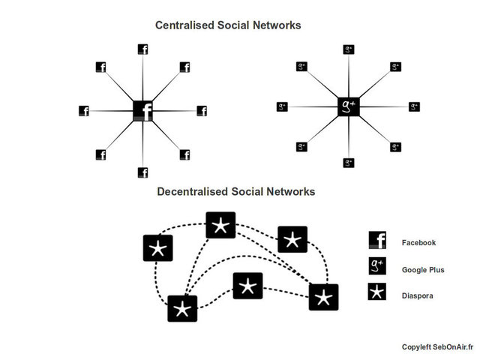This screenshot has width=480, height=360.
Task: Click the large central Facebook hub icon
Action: click(x=142, y=111)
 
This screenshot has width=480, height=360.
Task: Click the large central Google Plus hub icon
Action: click(x=349, y=107)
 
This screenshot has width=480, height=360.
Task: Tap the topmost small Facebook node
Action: click(x=142, y=49)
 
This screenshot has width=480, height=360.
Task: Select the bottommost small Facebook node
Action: click(x=142, y=172)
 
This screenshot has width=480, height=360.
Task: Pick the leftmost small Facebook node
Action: click(x=83, y=111)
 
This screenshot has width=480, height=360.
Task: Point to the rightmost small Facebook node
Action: click(x=202, y=111)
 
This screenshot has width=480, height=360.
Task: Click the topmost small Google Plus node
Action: click(x=349, y=50)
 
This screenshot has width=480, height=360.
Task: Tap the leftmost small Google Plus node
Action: click(x=282, y=106)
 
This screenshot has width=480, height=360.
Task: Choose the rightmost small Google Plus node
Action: click(x=414, y=106)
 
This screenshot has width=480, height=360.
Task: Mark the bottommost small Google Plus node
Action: click(x=349, y=162)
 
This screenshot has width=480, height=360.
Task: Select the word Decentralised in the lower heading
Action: click(x=193, y=192)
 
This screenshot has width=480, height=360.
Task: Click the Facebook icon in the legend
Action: click(x=377, y=240)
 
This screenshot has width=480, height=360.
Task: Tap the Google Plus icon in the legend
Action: click(x=377, y=266)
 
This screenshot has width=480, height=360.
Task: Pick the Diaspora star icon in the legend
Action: click(x=377, y=292)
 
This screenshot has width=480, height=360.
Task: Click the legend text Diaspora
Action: click(x=418, y=295)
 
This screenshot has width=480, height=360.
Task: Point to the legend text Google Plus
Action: click(x=423, y=269)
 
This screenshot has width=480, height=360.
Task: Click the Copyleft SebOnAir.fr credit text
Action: click(x=433, y=346)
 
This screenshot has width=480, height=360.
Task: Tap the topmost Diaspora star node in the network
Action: click(x=220, y=225)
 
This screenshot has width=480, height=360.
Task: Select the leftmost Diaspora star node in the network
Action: click(x=157, y=248)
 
